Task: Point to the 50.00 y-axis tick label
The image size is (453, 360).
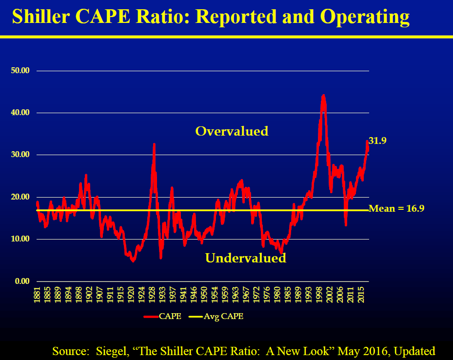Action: coord(20,71)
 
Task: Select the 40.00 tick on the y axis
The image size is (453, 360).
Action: coord(20,113)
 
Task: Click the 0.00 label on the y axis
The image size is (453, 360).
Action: coord(22,281)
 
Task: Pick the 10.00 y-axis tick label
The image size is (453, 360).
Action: coord(20,239)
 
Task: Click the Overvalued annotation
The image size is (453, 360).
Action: coord(232,131)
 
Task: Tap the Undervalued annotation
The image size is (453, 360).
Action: coord(245,258)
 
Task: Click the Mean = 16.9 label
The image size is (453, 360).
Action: coord(396,208)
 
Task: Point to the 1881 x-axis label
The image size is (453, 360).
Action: coord(37,295)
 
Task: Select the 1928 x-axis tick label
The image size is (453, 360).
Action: coord(152,295)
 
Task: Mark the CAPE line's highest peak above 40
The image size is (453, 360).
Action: coord(323,96)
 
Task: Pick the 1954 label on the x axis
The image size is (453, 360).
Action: coord(215,295)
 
